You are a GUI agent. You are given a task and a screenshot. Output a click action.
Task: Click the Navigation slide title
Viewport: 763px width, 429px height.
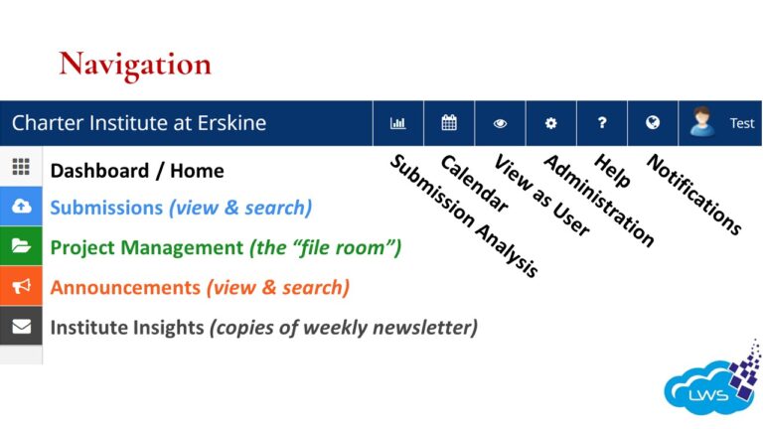click(x=135, y=65)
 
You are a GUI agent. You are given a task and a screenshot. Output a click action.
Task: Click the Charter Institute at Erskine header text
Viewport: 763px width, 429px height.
click(x=139, y=124)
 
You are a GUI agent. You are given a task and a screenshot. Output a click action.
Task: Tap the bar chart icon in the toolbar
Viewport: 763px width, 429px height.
click(x=398, y=124)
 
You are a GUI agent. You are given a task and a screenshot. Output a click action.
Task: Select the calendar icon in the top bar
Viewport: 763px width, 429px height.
click(x=449, y=124)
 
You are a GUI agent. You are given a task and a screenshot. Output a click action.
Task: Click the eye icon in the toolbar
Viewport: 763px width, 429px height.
click(x=500, y=124)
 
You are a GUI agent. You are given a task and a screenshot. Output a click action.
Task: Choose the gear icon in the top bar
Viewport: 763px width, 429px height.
click(x=551, y=124)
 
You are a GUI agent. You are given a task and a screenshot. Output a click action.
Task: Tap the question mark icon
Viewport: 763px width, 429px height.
click(x=602, y=124)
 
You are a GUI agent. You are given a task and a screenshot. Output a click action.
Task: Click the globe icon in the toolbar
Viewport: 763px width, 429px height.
click(x=653, y=124)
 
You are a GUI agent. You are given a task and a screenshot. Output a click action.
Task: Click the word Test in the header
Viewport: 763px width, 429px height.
click(x=742, y=124)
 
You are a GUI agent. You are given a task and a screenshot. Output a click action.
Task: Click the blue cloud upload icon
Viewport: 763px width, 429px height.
click(x=21, y=207)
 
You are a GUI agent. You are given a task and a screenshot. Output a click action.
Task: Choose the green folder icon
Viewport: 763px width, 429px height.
click(x=21, y=246)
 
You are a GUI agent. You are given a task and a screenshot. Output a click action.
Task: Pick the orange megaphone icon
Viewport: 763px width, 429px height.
click(x=21, y=286)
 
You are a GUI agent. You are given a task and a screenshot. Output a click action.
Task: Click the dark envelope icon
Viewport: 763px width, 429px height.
click(x=21, y=326)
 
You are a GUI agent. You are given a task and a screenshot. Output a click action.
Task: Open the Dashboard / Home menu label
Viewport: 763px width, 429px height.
click(x=137, y=170)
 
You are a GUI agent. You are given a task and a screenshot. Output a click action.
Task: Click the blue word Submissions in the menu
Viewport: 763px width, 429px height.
click(x=106, y=209)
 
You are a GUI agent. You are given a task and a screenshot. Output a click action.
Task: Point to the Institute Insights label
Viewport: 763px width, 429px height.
click(x=126, y=327)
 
